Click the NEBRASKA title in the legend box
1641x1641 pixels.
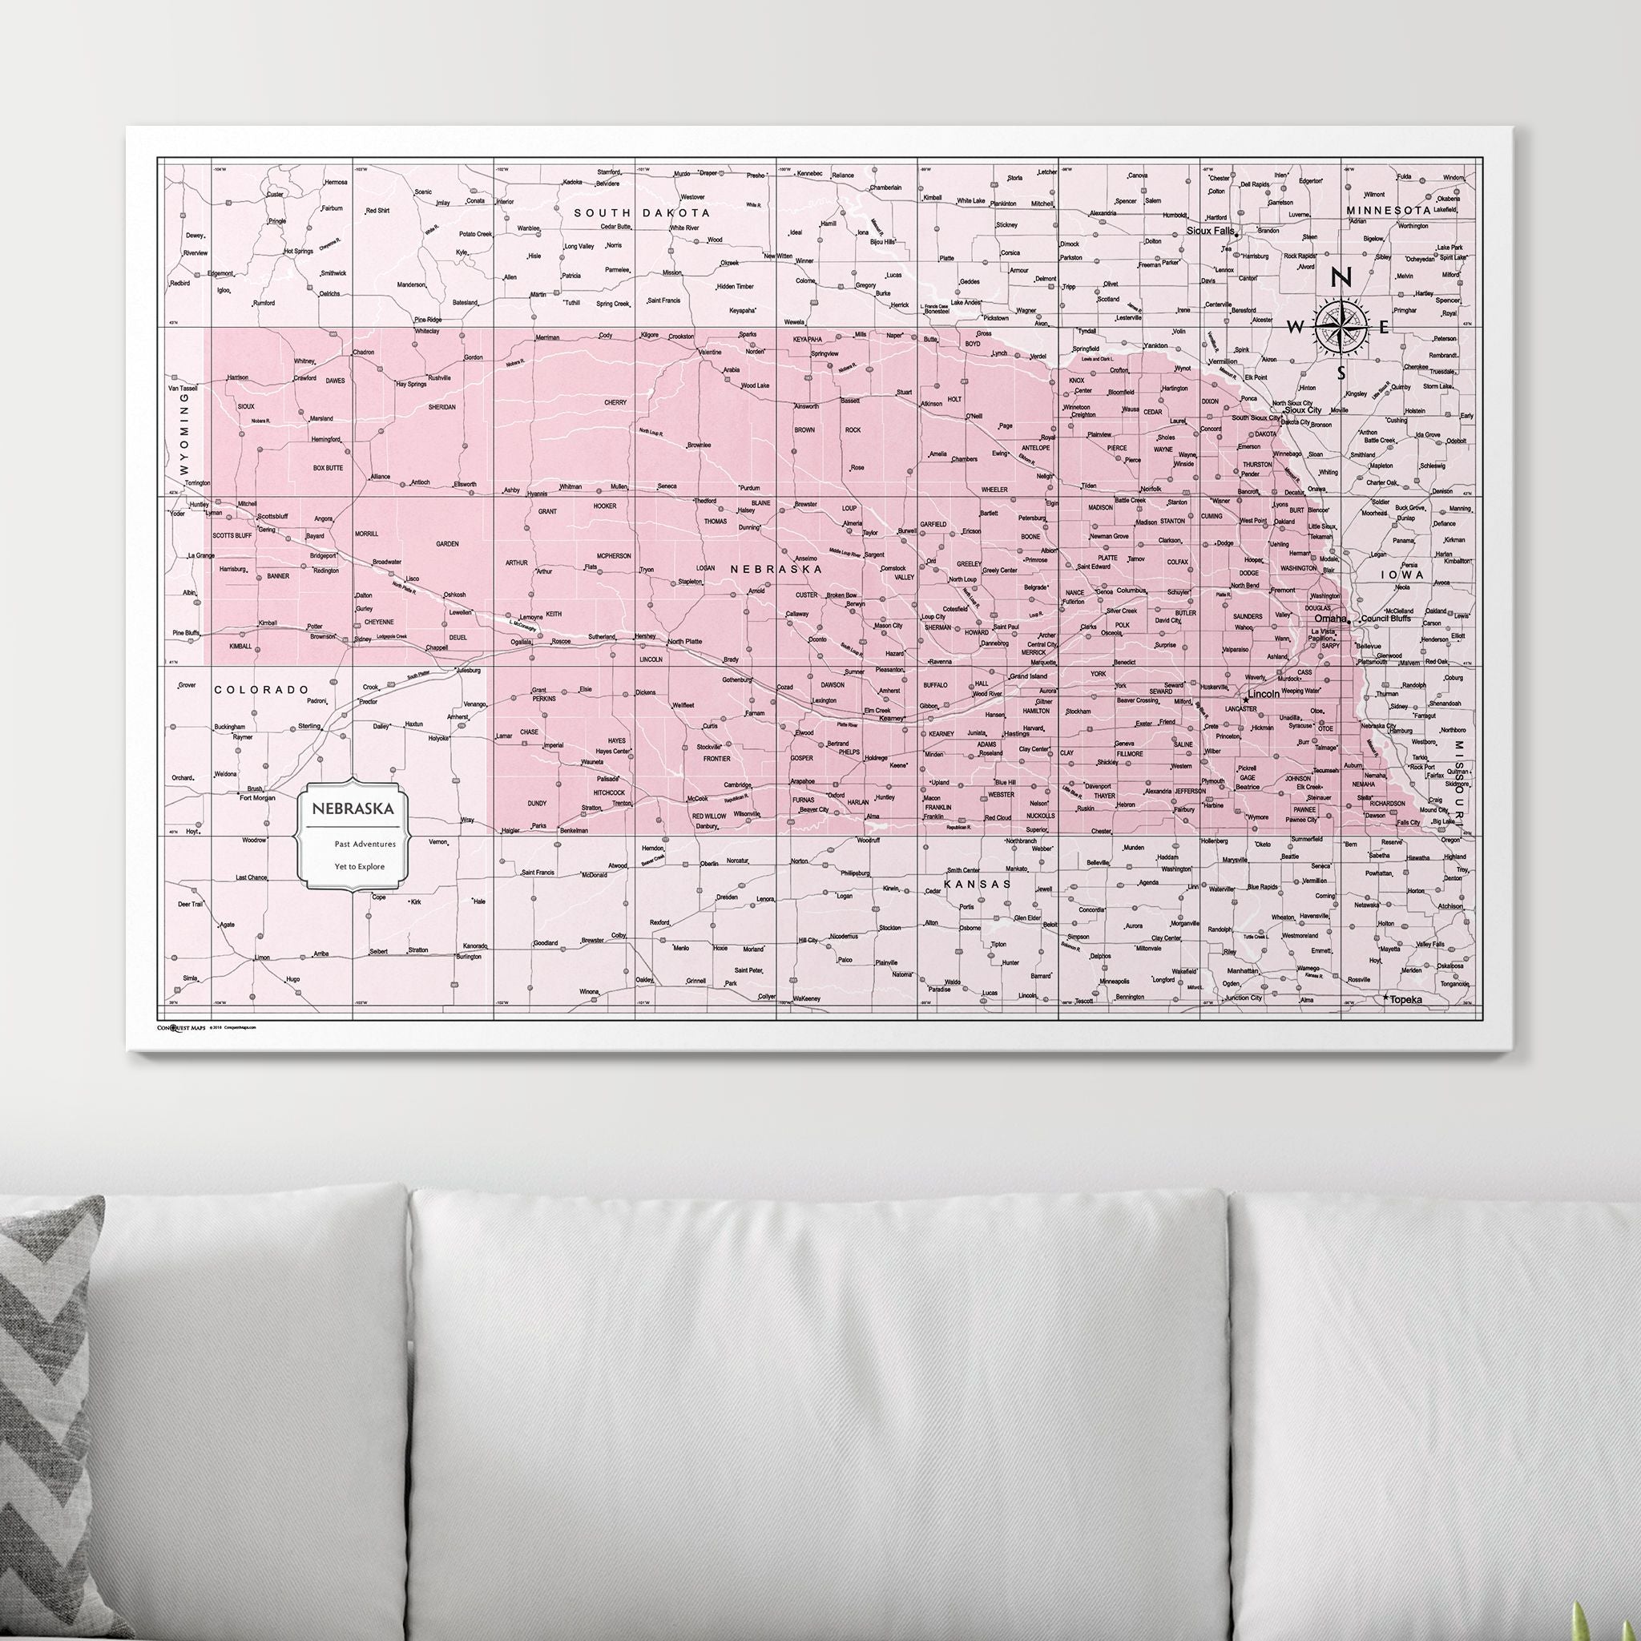pos(353,808)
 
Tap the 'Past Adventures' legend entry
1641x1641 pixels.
pos(365,845)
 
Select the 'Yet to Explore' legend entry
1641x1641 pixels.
pos(359,866)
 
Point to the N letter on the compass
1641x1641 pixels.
pos(1341,278)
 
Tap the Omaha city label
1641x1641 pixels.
pos(1330,619)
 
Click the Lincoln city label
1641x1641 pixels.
pos(1264,694)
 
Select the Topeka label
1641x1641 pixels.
pos(1405,1000)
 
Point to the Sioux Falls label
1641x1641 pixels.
pos(1211,230)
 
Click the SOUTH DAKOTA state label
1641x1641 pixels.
pos(641,212)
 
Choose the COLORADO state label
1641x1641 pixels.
pos(261,690)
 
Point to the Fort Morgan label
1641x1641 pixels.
pos(257,797)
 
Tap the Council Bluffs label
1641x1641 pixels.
pos(1386,619)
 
